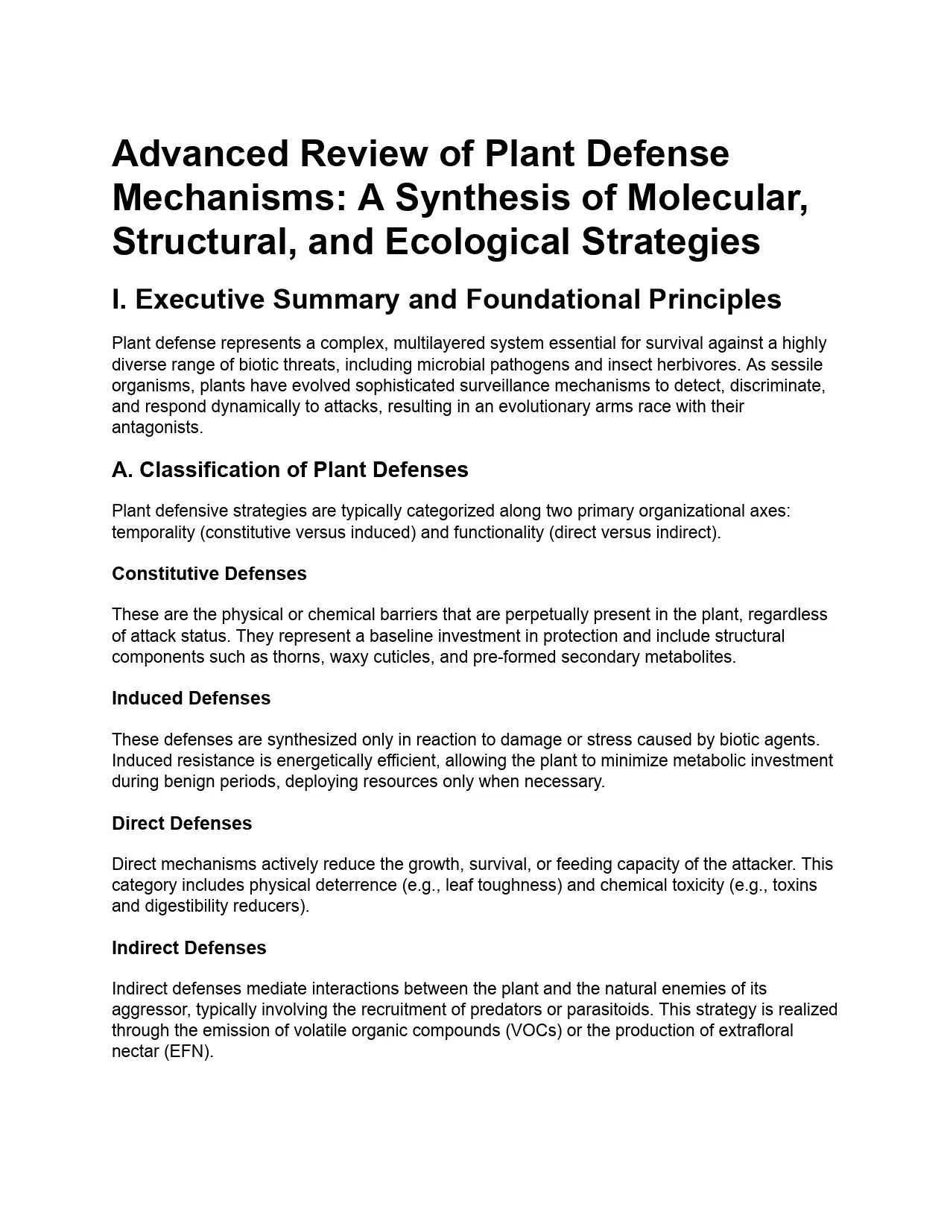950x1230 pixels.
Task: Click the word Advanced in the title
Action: (200, 154)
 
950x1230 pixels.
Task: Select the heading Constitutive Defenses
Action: (209, 573)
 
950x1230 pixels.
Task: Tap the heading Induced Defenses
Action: (191, 698)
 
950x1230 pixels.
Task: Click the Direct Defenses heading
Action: (182, 823)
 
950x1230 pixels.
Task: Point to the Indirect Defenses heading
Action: (189, 947)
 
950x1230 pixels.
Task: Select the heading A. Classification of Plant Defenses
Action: (290, 470)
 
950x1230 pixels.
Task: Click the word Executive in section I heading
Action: (200, 299)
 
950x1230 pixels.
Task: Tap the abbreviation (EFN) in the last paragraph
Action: (189, 1052)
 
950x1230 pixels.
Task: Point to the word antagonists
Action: (156, 427)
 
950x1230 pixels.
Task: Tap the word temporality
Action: (154, 532)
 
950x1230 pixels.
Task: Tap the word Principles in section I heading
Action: (715, 299)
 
